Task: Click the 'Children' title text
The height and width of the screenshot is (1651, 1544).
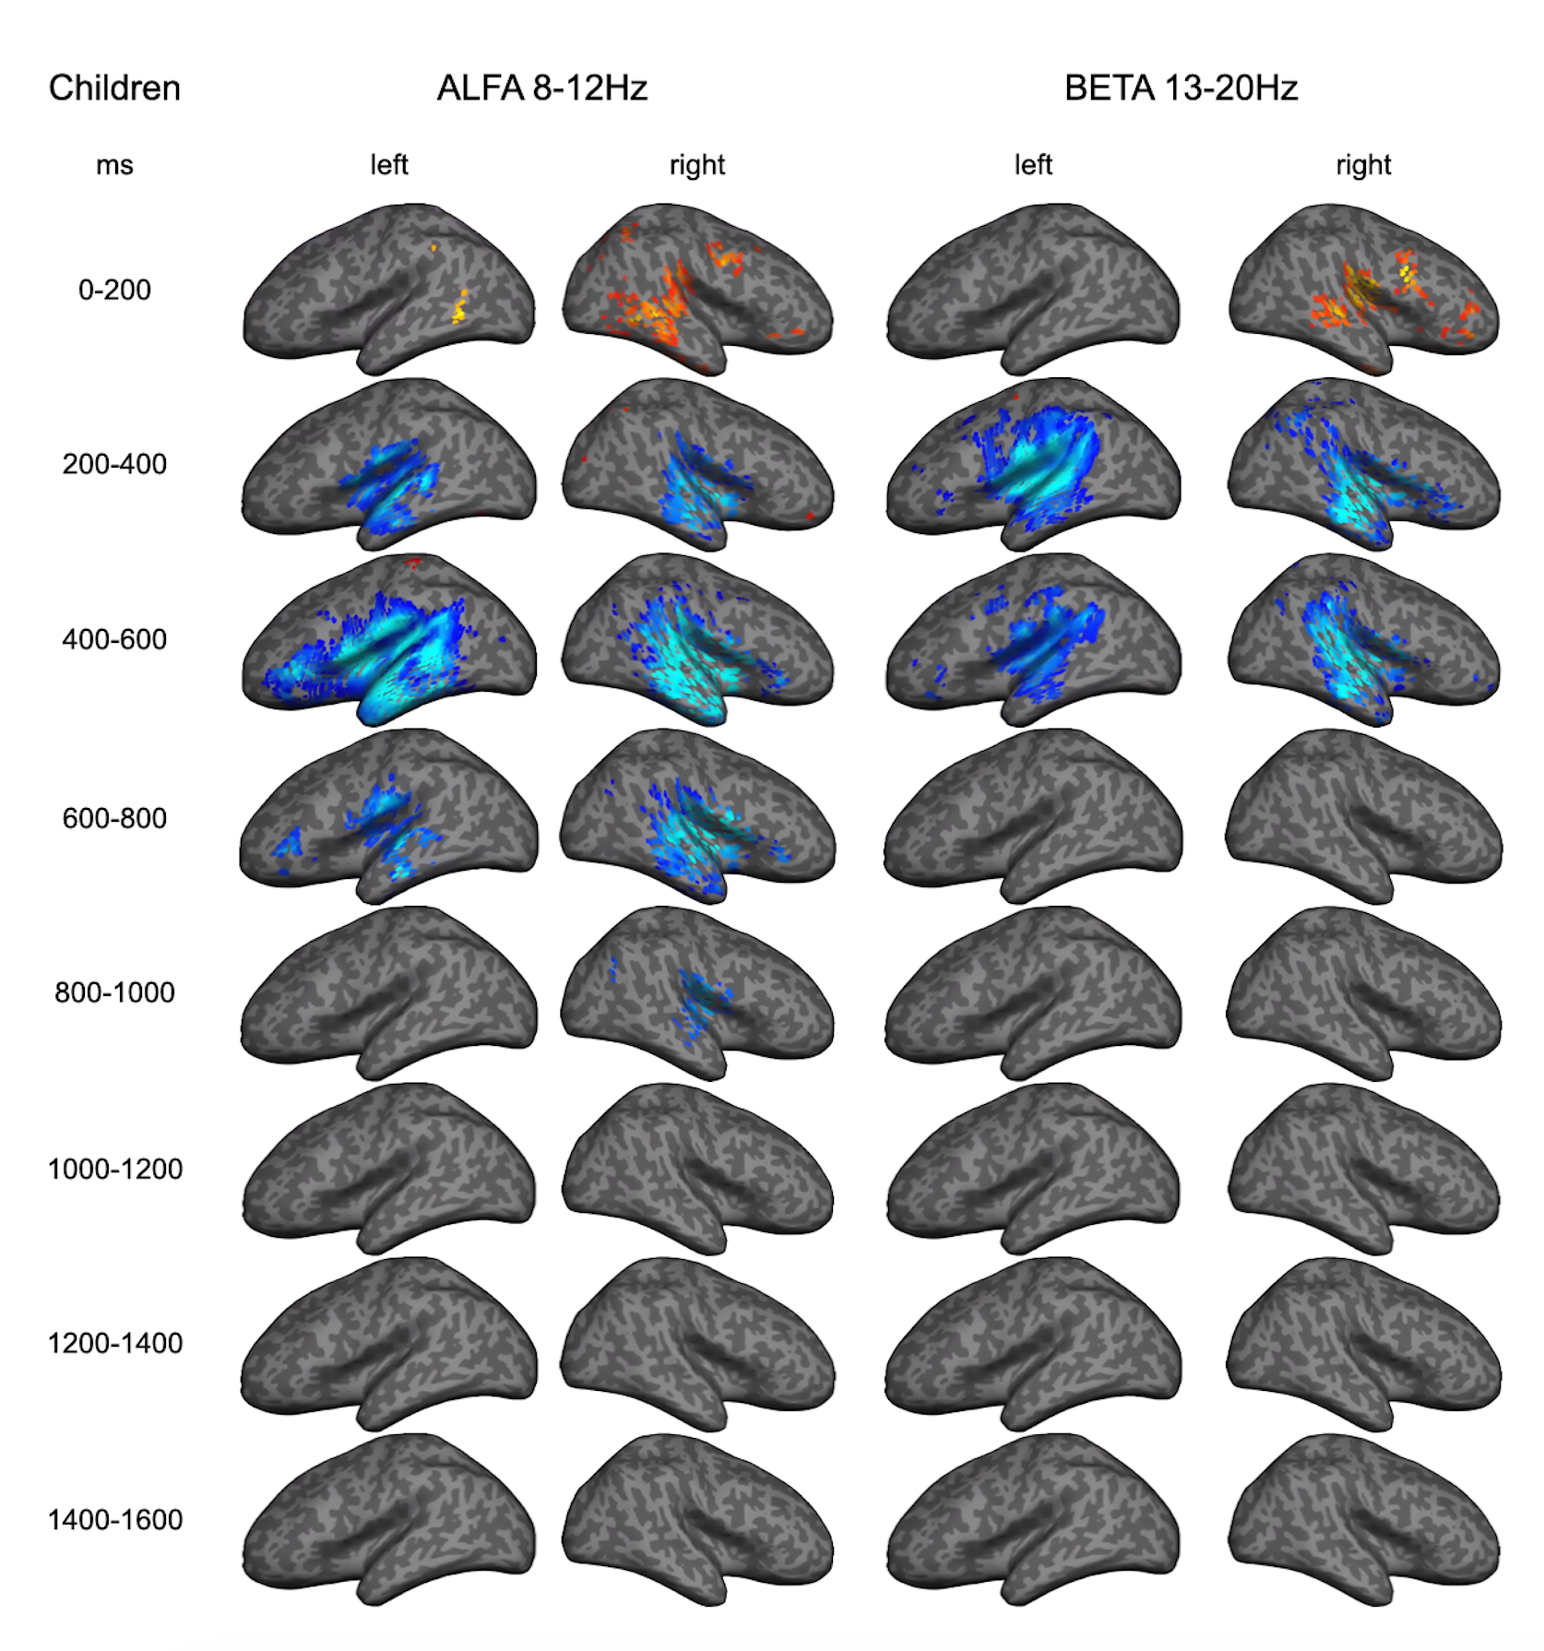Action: point(114,89)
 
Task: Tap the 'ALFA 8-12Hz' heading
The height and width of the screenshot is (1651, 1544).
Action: point(542,89)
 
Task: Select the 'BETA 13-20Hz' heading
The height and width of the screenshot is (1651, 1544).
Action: point(1181,89)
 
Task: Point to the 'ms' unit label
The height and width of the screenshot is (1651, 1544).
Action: point(114,166)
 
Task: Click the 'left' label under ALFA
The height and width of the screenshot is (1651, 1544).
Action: point(388,165)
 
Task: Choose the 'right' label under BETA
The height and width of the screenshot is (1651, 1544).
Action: point(1363,165)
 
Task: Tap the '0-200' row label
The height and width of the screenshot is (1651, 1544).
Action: point(114,290)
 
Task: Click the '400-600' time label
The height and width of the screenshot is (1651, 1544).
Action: point(114,639)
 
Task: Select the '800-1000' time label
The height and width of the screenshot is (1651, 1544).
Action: point(114,992)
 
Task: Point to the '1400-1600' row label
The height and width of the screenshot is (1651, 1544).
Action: point(114,1519)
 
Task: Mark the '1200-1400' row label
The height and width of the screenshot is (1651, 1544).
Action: point(114,1343)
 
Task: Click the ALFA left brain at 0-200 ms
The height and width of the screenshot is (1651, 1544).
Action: point(388,288)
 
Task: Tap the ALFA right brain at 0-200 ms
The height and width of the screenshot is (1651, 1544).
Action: point(698,288)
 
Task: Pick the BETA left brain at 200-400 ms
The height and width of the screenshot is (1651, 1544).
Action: point(1033,463)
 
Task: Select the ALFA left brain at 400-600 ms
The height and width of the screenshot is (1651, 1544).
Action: point(388,639)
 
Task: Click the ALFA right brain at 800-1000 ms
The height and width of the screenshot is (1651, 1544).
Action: point(698,992)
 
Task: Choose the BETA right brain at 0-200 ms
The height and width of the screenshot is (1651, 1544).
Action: point(1363,288)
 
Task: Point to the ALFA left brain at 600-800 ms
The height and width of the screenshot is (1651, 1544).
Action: point(388,815)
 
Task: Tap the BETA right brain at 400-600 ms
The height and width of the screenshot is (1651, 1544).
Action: point(1363,639)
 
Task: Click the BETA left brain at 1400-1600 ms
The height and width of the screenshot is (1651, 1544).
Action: point(1033,1519)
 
